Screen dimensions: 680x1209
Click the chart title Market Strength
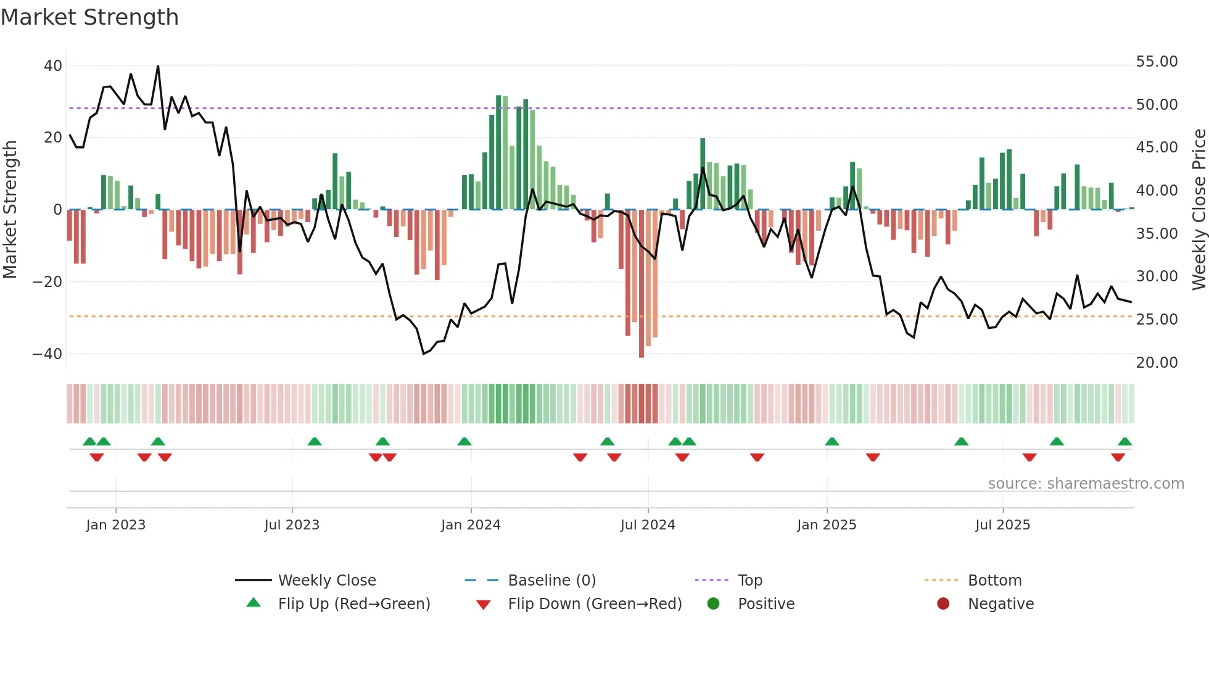click(x=89, y=17)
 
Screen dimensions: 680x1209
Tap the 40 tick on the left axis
click(x=53, y=65)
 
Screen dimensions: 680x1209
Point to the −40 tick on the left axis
click(x=47, y=354)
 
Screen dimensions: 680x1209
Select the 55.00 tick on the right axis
click(x=1157, y=62)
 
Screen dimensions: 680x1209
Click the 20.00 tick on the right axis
click(x=1157, y=363)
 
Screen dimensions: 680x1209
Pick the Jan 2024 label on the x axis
click(x=471, y=525)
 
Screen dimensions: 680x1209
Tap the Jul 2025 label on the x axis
click(x=1002, y=525)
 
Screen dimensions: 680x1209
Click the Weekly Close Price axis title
click(x=1199, y=210)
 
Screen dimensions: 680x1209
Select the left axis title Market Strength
click(x=10, y=210)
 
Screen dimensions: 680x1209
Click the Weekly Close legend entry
click(x=327, y=581)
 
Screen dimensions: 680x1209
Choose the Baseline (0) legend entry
click(x=551, y=581)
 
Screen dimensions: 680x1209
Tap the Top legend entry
click(x=750, y=581)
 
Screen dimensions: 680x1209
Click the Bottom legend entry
click(x=994, y=581)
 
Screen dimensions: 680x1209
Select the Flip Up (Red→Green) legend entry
click(x=353, y=604)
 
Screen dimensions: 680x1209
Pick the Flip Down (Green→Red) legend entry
click(x=595, y=604)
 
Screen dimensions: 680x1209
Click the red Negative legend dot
click(x=943, y=604)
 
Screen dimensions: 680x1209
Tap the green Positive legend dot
click(x=714, y=604)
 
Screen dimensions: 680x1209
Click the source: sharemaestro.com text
click(x=1086, y=484)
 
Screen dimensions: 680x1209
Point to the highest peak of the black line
click(x=158, y=67)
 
